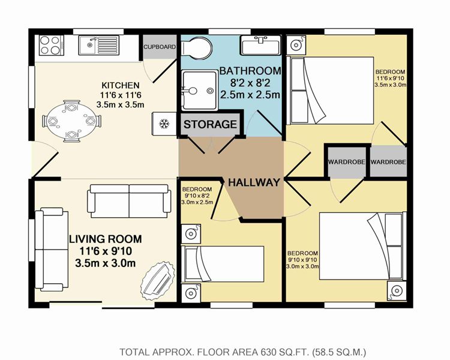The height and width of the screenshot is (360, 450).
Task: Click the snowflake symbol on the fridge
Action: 164,124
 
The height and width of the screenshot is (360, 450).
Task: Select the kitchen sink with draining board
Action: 99,45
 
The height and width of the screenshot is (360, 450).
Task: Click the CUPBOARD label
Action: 160,47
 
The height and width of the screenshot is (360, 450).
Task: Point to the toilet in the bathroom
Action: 196,47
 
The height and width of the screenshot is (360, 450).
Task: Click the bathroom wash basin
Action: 260,45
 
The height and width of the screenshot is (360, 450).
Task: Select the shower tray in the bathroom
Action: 199,90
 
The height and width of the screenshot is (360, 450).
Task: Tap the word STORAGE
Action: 211,124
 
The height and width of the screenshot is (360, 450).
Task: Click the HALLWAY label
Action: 254,182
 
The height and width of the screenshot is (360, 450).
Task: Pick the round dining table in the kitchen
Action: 71,121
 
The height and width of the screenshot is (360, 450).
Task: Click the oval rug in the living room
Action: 158,280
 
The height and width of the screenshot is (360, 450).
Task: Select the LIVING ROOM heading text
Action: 106,239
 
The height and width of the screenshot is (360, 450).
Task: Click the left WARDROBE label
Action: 346,162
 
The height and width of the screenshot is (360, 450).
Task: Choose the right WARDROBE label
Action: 388,162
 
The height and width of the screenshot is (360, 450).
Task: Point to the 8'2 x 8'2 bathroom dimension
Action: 250,83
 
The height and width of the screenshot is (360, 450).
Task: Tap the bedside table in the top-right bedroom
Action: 295,45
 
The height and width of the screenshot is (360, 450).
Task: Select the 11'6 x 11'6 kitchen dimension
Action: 121,95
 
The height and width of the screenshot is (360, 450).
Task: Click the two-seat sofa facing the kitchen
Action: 129,201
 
